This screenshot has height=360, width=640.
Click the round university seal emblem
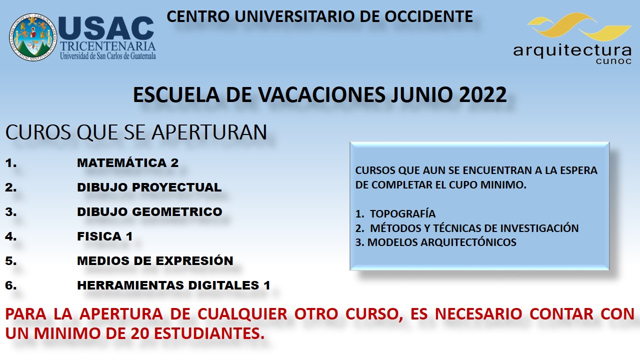pos(33,37)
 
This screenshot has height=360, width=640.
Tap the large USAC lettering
pos(106,28)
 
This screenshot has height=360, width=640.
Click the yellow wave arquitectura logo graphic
pos(579,26)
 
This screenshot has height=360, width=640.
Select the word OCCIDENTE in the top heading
pos(429,16)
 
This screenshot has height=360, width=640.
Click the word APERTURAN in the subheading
pos(209,132)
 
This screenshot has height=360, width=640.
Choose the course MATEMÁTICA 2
pos(127,163)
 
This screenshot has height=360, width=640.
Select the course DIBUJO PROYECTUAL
pos(149,187)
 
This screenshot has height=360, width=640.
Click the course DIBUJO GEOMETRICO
pos(149,212)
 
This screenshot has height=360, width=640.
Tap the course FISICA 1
pos(104,236)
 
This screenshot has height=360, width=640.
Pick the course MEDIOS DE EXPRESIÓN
pos(155,260)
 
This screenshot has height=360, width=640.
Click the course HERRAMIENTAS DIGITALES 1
pos(173,285)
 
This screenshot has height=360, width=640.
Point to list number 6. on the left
pos(11,285)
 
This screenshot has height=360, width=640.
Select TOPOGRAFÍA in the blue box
pos(402,213)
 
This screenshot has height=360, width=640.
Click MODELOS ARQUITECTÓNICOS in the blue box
pos(441,242)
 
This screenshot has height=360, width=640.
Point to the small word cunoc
pos(613,61)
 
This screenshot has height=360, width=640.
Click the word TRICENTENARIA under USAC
pos(107,46)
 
